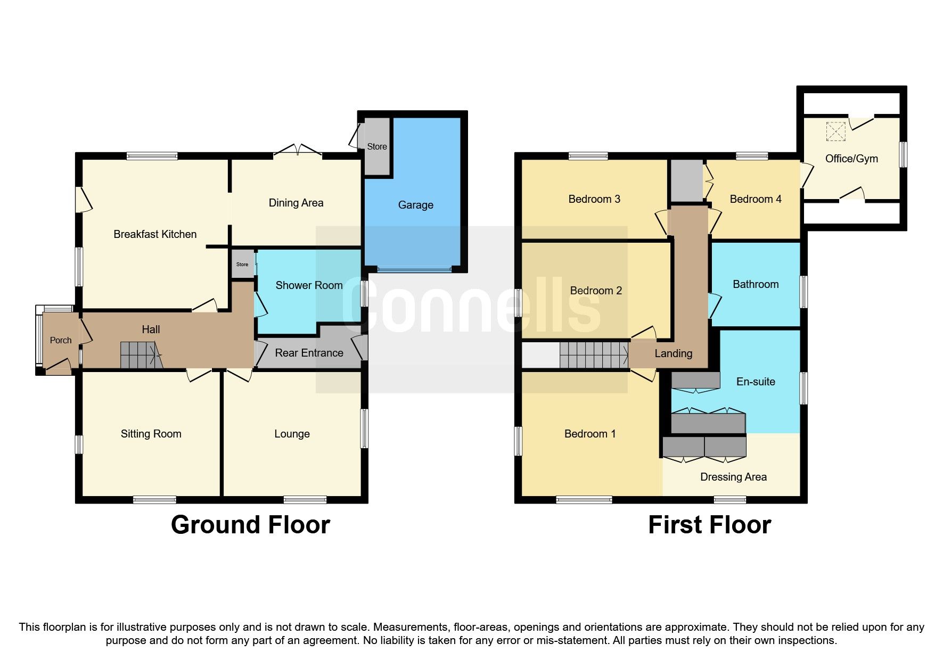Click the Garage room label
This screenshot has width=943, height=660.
(415, 205)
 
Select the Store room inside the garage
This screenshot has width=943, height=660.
(377, 146)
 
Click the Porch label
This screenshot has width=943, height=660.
(61, 340)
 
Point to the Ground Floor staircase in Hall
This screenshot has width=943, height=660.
(140, 355)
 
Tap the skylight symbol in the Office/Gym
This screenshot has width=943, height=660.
(835, 131)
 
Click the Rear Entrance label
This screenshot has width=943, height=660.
(309, 353)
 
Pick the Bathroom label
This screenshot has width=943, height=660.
(756, 284)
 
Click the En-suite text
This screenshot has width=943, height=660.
(756, 382)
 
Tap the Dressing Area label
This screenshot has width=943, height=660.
(733, 477)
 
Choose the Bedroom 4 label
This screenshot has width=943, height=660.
(755, 199)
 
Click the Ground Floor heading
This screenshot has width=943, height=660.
(250, 525)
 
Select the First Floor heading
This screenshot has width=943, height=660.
(709, 525)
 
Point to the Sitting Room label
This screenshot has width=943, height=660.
(151, 434)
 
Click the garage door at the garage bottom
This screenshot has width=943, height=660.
(414, 270)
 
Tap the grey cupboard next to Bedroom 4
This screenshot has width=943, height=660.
(686, 180)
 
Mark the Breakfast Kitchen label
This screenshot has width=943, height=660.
(155, 234)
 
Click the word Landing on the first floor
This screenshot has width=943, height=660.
(673, 353)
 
